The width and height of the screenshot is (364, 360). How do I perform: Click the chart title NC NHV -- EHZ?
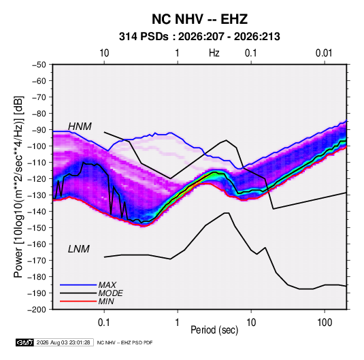(199, 19)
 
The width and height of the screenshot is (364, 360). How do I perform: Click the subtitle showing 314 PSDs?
(199, 37)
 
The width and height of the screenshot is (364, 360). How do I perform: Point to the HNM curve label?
(80, 127)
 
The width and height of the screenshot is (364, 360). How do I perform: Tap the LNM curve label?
(79, 249)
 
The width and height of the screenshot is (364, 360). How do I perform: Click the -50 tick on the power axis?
(39, 65)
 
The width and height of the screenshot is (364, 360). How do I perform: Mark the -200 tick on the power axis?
(37, 310)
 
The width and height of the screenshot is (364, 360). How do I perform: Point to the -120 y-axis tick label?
(37, 179)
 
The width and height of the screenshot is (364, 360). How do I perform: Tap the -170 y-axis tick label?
(37, 261)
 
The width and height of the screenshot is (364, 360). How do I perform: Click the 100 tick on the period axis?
(325, 323)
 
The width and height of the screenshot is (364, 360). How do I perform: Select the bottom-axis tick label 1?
(178, 323)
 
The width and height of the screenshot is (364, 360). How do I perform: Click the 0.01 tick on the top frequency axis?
(324, 53)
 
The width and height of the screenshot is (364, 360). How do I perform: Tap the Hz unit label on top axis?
(214, 53)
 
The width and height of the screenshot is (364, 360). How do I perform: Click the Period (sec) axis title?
(214, 330)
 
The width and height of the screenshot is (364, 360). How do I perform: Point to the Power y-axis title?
(18, 187)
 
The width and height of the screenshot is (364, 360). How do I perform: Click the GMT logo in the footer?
(24, 342)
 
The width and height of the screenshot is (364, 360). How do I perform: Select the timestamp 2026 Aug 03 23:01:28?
(63, 342)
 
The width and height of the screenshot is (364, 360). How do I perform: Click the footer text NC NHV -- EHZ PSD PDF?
(125, 343)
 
